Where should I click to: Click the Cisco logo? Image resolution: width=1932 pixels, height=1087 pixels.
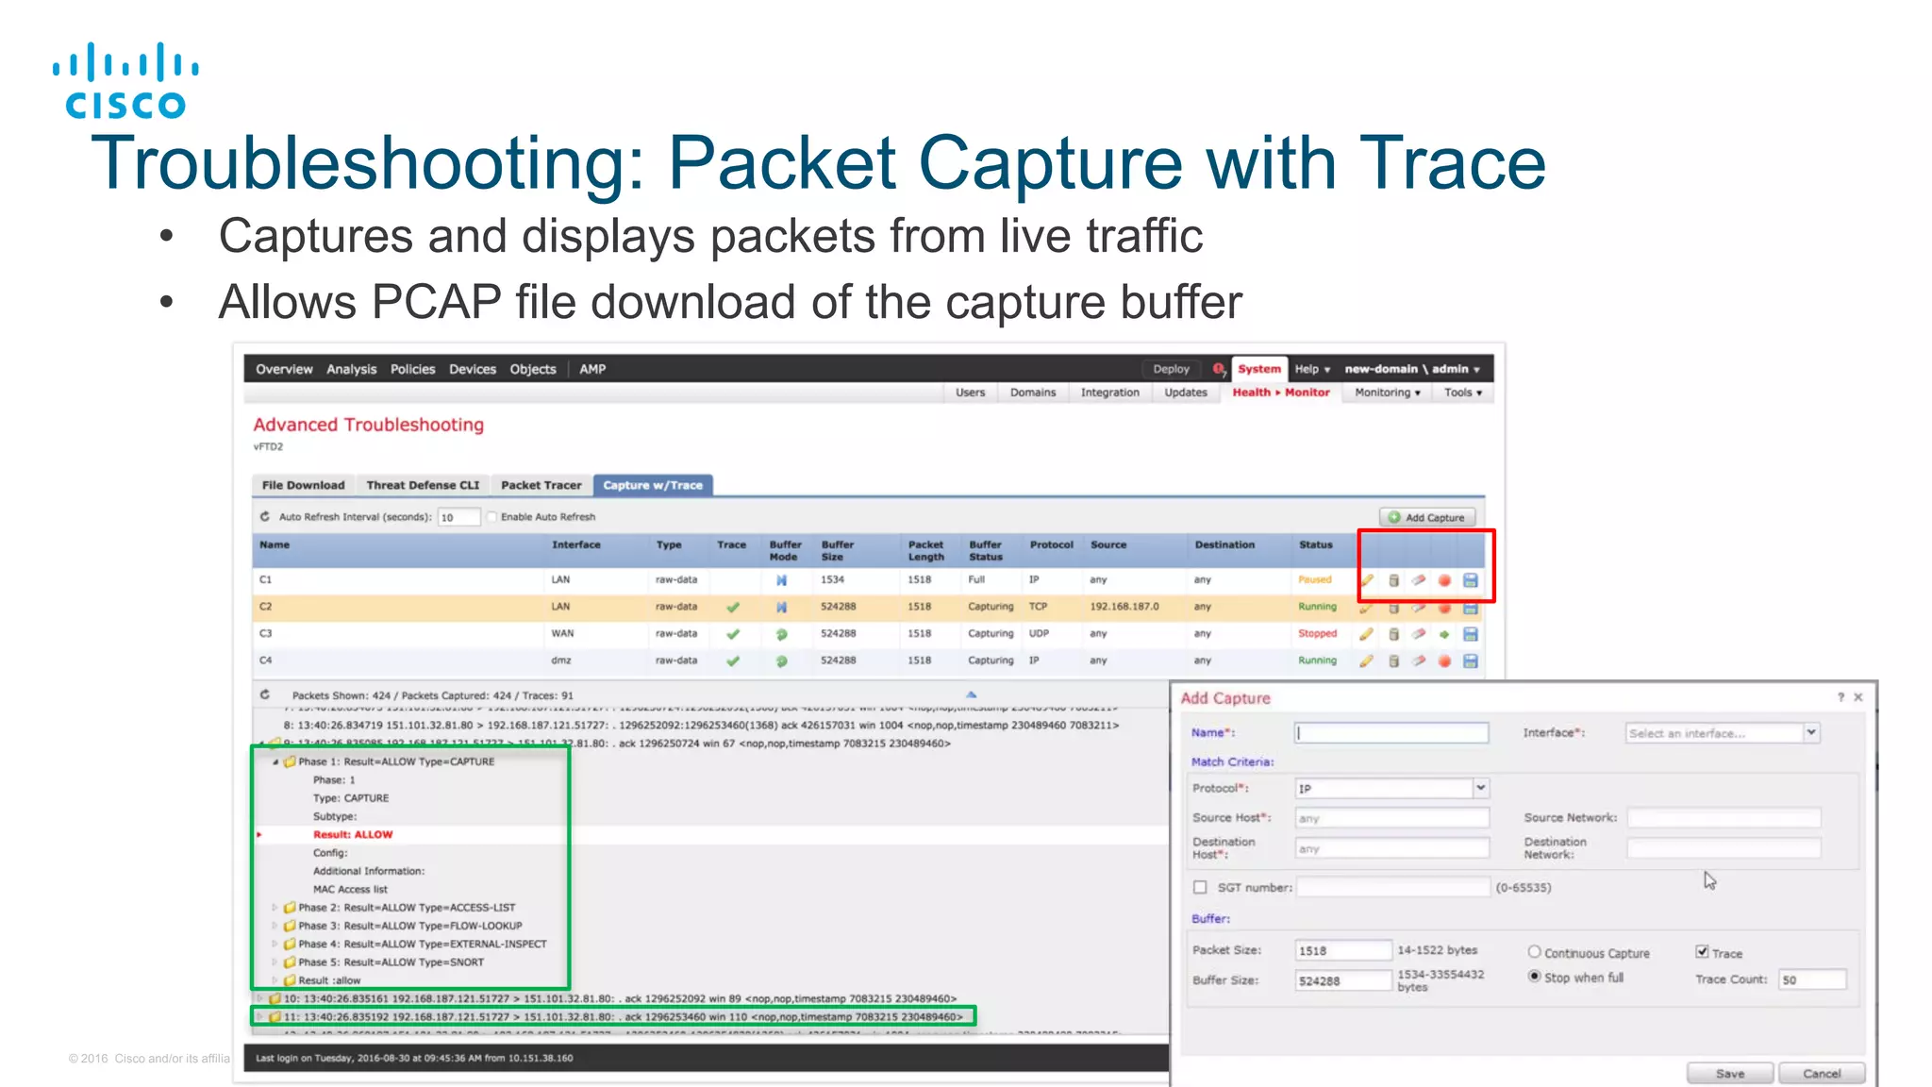[125, 81]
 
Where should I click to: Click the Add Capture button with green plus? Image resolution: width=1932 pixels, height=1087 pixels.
[1426, 517]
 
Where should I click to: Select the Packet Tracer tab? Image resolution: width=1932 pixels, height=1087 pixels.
[541, 485]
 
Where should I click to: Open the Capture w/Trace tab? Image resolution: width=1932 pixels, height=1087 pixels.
[653, 485]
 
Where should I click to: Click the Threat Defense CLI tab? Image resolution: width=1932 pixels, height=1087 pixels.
[423, 485]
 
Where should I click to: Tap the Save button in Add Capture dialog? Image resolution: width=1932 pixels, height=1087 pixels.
[1729, 1073]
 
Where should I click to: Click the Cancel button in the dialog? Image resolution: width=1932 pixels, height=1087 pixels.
[1821, 1073]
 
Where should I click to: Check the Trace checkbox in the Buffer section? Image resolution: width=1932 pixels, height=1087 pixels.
[1702, 952]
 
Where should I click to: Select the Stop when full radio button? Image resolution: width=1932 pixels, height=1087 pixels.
[1535, 977]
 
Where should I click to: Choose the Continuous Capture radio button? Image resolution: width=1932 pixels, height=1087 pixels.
[1535, 952]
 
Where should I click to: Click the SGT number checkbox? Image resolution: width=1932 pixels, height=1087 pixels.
[1200, 887]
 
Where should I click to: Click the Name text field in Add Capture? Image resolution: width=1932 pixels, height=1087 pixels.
[1391, 732]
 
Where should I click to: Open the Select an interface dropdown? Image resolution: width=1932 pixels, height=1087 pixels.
[1722, 732]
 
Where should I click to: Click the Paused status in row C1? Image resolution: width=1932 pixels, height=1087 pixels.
[1314, 579]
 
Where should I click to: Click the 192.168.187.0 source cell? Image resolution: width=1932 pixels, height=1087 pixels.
[1124, 607]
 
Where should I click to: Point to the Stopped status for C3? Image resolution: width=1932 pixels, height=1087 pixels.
[1317, 633]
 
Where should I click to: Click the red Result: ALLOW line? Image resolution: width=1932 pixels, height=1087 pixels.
[353, 834]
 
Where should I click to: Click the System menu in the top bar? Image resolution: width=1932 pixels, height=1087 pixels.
[1258, 369]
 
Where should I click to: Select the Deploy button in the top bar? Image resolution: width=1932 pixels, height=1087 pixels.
[1171, 369]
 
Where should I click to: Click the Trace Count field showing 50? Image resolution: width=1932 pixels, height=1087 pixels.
[1810, 979]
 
